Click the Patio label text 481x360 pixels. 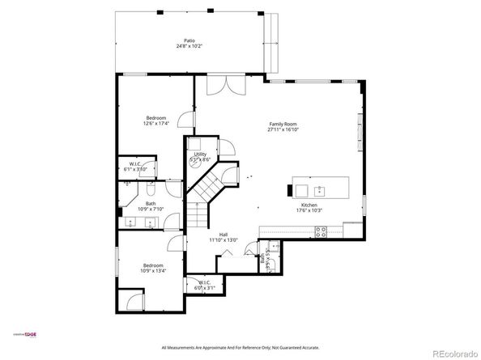(x=189, y=40)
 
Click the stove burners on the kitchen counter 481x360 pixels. (x=320, y=231)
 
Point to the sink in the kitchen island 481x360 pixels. (x=320, y=191)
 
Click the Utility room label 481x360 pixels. (x=200, y=154)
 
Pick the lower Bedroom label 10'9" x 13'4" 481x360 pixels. (x=153, y=270)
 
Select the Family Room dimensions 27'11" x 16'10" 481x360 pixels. (x=283, y=129)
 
